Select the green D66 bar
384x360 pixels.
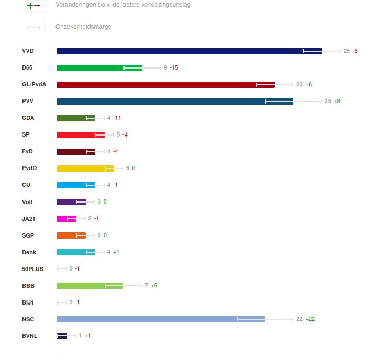tap(99, 68)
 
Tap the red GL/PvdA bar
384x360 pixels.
tap(165, 85)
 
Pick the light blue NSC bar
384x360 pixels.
tap(161, 319)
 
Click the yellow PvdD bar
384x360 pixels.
tap(85, 168)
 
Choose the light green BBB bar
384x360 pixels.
tap(90, 286)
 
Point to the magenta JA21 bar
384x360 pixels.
tap(66, 219)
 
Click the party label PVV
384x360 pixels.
tap(28, 102)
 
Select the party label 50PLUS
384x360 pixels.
tap(32, 269)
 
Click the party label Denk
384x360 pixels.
tap(29, 252)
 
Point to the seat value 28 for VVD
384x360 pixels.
tap(347, 51)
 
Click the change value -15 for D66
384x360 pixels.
tap(174, 68)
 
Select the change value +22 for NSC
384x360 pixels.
tap(310, 319)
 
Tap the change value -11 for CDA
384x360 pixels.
tap(117, 118)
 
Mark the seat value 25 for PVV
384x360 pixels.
tap(328, 102)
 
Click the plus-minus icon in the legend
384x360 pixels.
tap(33, 6)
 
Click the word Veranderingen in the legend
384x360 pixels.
tap(74, 5)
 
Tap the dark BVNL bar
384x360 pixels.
tap(62, 336)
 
